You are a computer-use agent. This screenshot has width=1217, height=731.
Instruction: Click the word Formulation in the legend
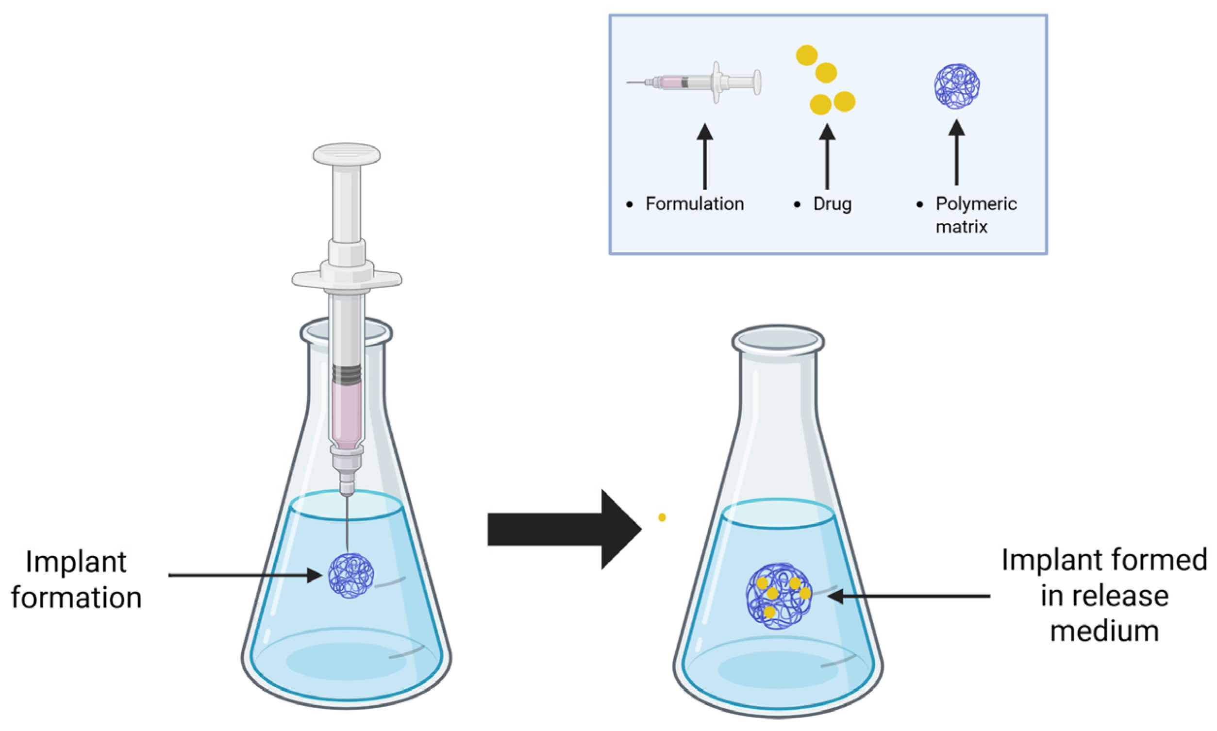tap(694, 204)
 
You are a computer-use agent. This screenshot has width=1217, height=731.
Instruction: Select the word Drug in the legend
tap(832, 204)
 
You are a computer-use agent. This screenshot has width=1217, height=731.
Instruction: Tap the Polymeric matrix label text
tap(975, 215)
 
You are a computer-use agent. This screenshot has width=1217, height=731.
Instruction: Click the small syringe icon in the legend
tap(695, 82)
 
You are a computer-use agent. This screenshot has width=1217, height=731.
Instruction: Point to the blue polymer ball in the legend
tap(956, 86)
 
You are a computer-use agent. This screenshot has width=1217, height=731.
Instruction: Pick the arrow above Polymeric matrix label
tap(956, 154)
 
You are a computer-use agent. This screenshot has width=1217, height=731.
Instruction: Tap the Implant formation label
tap(76, 580)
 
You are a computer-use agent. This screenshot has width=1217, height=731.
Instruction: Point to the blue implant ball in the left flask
tap(350, 575)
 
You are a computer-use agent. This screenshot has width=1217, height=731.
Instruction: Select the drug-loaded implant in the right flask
tap(778, 596)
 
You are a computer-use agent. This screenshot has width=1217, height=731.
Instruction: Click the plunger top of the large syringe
tap(346, 154)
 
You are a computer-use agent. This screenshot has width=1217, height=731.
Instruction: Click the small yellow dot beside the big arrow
tap(662, 517)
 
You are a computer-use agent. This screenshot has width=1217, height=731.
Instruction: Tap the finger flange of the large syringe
tap(346, 279)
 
